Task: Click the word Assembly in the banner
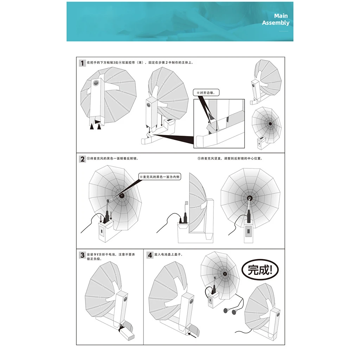(x=276, y=23)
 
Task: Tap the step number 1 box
(x=82, y=63)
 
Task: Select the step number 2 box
(x=82, y=159)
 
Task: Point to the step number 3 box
(x=82, y=255)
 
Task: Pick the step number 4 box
(x=150, y=255)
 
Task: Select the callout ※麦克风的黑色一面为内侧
(x=160, y=177)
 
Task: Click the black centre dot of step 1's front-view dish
(x=270, y=123)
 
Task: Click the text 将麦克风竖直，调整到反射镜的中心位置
(x=230, y=159)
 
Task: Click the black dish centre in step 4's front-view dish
(x=224, y=273)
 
